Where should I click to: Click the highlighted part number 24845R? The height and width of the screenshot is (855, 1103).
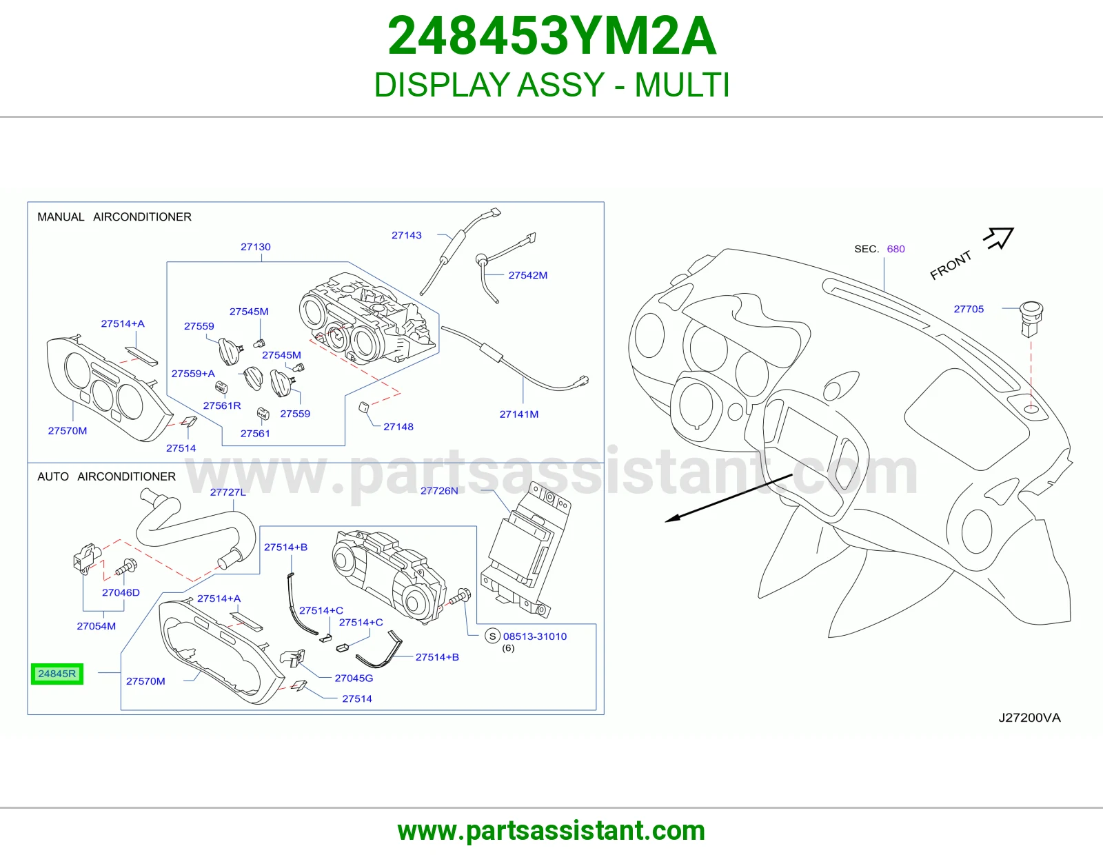click(x=57, y=674)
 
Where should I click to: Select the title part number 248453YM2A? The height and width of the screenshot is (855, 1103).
click(x=551, y=36)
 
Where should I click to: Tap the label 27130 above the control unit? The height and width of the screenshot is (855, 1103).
click(x=255, y=247)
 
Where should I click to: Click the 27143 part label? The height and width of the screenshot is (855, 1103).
click(x=407, y=235)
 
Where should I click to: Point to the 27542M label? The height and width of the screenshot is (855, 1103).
click(x=528, y=275)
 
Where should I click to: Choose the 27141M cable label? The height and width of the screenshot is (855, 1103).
click(x=519, y=414)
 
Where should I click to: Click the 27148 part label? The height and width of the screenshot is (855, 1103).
click(x=398, y=427)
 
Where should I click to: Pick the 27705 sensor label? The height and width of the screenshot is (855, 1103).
click(x=969, y=309)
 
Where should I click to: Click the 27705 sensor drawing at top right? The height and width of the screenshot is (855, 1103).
click(x=1031, y=319)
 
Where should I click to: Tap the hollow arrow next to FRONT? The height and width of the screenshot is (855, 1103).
click(x=999, y=238)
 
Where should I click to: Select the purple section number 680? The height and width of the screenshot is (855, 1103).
click(x=896, y=249)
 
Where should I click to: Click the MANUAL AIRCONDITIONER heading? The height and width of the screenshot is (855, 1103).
click(x=114, y=217)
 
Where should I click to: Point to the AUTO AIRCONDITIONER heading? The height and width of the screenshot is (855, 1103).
click(x=107, y=476)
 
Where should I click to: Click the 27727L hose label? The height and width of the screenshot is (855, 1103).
click(x=228, y=492)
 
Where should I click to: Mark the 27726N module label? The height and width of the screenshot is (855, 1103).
click(x=439, y=490)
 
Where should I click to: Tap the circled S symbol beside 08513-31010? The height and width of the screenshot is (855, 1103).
click(x=492, y=636)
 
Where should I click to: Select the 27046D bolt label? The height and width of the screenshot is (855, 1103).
click(x=121, y=592)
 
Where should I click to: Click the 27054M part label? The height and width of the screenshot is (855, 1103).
click(x=96, y=626)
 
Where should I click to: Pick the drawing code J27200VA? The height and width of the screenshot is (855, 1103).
click(x=1029, y=717)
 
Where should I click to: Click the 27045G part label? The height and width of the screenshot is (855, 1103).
click(x=354, y=678)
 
